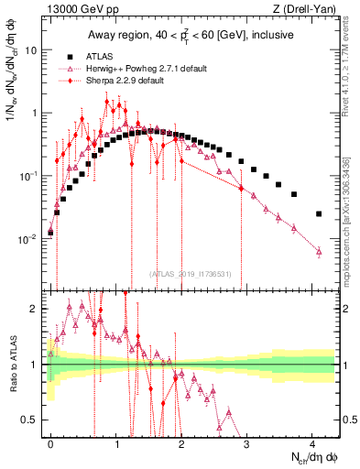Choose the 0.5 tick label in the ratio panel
[33, 420]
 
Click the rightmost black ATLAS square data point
[319, 213]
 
